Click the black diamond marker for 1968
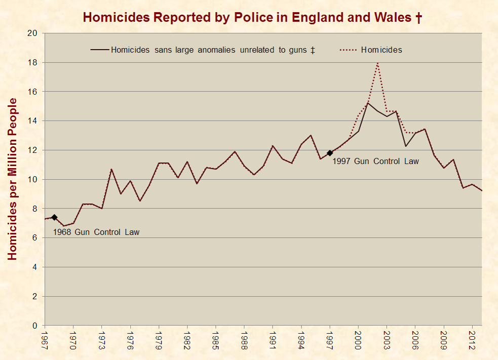click(x=54, y=217)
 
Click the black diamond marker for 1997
click(x=330, y=153)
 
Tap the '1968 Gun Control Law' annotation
click(x=96, y=232)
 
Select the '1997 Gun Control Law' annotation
click(x=376, y=162)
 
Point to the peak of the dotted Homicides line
click(x=377, y=63)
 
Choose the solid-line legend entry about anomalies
click(x=203, y=50)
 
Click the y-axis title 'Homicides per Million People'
click(x=13, y=179)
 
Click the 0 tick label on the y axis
click(x=35, y=326)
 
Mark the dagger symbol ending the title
click(x=418, y=18)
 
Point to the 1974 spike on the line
click(x=111, y=169)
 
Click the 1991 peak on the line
click(x=273, y=146)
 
